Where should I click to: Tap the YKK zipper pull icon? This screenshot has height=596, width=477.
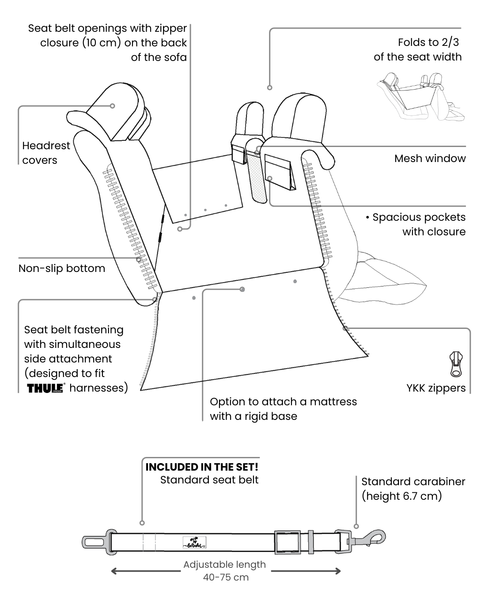click(x=456, y=364)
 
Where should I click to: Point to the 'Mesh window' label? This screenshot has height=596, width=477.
click(x=430, y=158)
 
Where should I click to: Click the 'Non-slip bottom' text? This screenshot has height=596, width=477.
click(x=62, y=268)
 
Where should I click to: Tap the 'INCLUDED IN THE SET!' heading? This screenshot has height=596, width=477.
click(x=202, y=467)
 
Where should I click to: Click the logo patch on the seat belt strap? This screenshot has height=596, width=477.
click(x=194, y=543)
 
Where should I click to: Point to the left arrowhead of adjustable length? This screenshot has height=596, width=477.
click(x=114, y=571)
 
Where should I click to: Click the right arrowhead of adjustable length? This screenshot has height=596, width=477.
click(x=338, y=571)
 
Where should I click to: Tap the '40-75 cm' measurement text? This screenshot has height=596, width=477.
click(x=226, y=577)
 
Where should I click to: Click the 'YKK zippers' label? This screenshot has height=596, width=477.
click(x=436, y=388)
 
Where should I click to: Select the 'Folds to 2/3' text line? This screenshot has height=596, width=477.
click(x=428, y=42)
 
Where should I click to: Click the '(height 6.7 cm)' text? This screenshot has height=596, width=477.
click(x=401, y=496)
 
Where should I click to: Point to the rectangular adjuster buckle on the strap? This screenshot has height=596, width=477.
click(x=287, y=542)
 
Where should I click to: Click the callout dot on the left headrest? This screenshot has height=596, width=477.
click(x=113, y=106)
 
